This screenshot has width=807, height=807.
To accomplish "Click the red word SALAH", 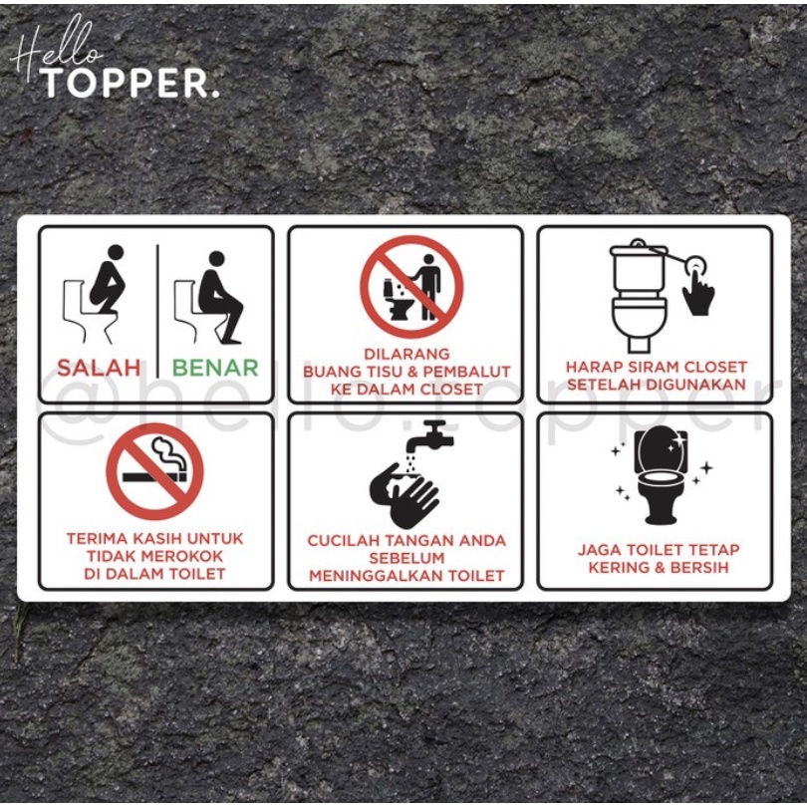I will [x=99, y=367].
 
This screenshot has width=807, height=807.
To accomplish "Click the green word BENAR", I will [x=215, y=367].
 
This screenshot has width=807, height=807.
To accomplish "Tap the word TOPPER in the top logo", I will [x=128, y=84].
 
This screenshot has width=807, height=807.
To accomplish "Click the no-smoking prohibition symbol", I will [x=154, y=471].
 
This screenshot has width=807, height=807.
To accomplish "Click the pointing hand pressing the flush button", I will [x=698, y=290].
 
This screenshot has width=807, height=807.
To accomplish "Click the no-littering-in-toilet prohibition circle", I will [x=410, y=286].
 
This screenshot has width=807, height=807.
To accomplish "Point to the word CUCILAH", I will [x=344, y=540].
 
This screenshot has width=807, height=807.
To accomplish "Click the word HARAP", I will [x=592, y=367].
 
